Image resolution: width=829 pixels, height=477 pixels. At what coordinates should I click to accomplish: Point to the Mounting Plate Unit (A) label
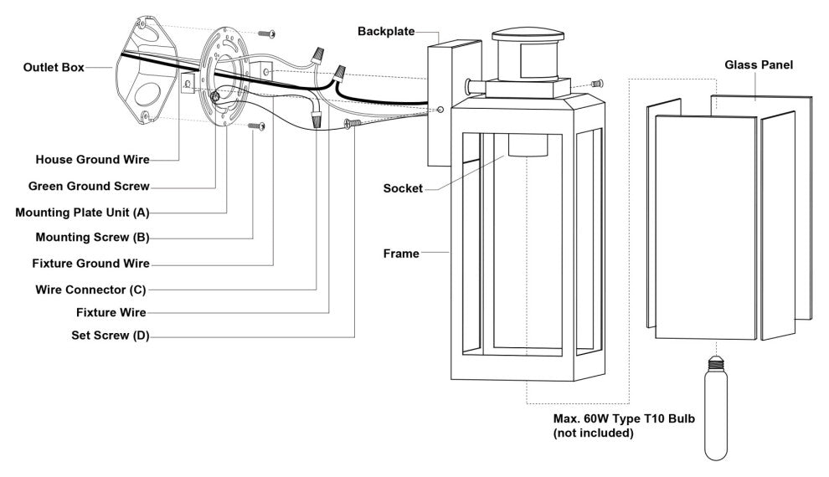coord(82,212)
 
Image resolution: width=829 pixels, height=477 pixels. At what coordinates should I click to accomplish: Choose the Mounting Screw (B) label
coord(92,238)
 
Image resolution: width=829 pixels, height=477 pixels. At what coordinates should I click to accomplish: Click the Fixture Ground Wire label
coord(90,264)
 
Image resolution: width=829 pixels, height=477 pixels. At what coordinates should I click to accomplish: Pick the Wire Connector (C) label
coord(91,290)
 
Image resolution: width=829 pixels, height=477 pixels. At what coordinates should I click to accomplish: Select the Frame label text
coord(401,253)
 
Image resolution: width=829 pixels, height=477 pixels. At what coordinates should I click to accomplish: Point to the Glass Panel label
coord(759,64)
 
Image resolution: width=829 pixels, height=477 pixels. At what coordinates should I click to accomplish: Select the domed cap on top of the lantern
coord(527,38)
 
